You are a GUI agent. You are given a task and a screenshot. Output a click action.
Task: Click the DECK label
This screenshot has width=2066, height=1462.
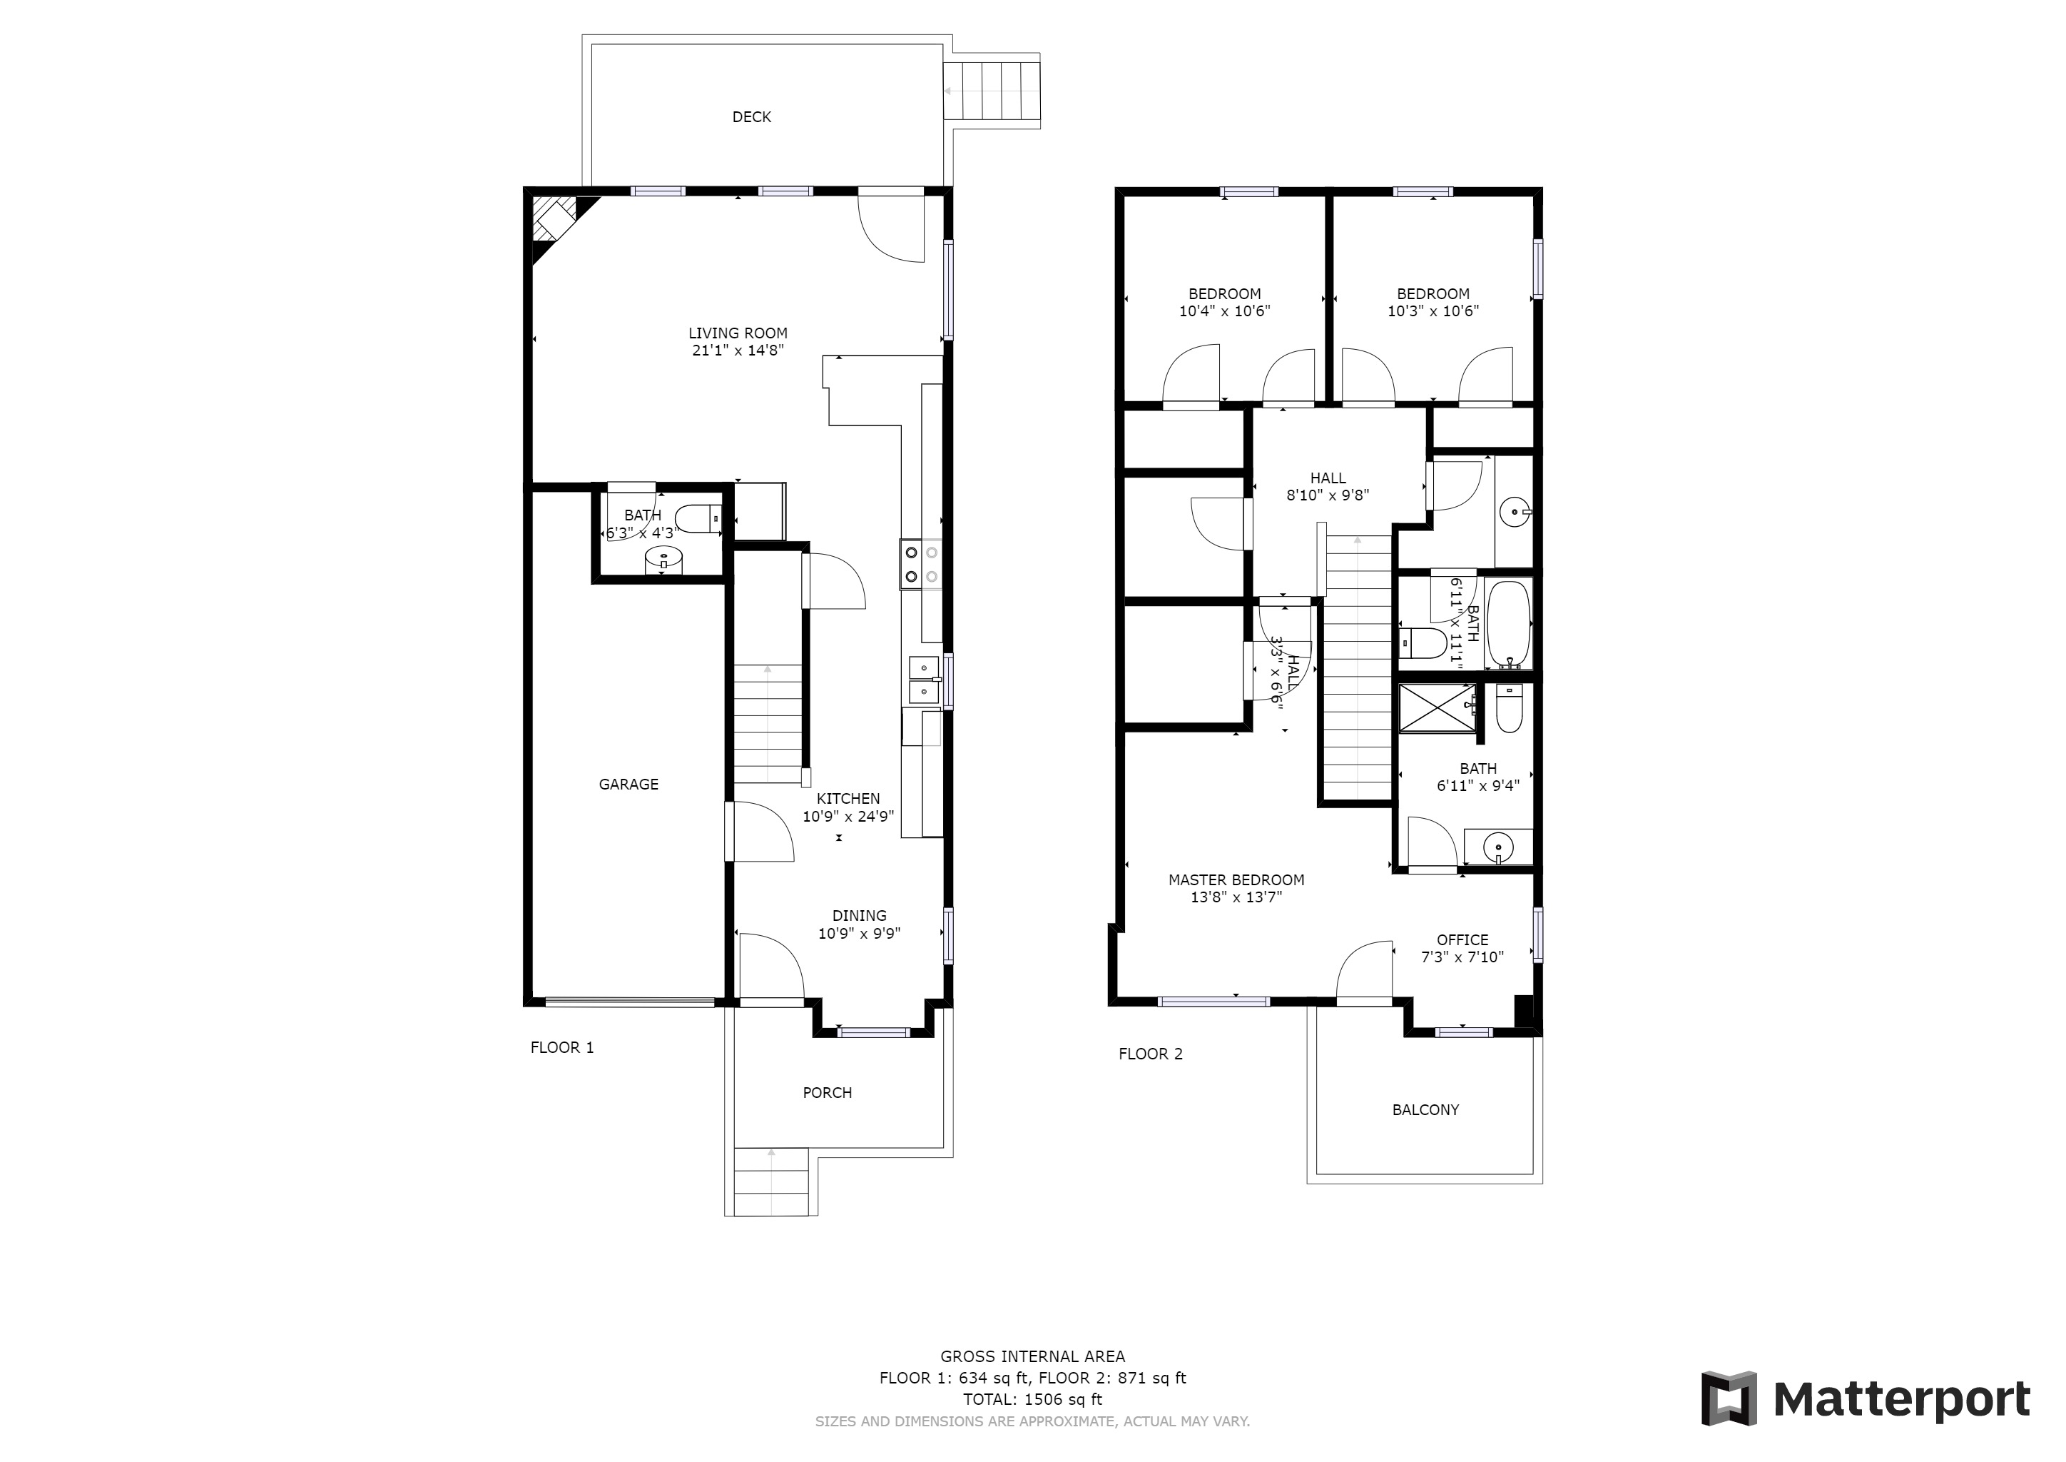[x=751, y=117]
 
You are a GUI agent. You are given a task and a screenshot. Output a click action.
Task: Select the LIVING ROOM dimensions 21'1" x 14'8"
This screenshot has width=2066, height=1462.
[x=738, y=351]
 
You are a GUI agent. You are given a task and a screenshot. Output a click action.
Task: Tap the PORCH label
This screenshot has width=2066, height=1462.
[x=827, y=1093]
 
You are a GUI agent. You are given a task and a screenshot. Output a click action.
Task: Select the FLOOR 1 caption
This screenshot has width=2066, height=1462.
[x=561, y=1048]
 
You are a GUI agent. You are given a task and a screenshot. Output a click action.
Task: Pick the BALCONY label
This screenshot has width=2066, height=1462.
[x=1425, y=1110]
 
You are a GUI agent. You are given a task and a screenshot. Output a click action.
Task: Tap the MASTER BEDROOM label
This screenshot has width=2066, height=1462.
[x=1236, y=879]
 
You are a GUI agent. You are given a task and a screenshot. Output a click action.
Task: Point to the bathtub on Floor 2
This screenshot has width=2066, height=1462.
[x=1508, y=623]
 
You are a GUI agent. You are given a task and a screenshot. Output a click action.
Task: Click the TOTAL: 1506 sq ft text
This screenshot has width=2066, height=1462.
[x=1032, y=1400]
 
